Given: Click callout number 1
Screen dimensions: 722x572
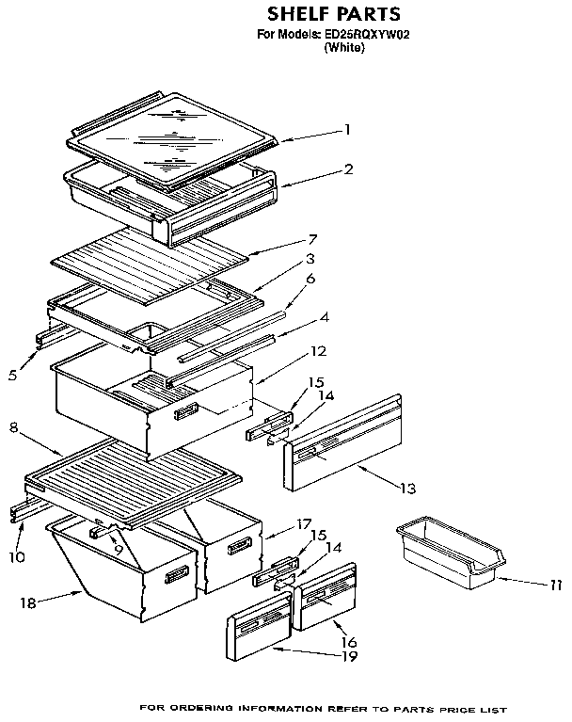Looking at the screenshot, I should [347, 129].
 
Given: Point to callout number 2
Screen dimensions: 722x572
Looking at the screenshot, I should [348, 170].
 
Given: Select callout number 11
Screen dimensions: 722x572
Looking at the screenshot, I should [558, 585].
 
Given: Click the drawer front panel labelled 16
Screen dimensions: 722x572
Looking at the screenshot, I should [325, 596].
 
